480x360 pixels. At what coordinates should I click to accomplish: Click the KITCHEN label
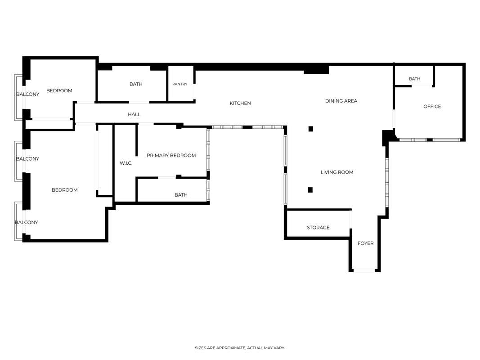240,103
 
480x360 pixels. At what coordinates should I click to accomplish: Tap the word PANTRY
179,84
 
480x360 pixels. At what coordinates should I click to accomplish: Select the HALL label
134,114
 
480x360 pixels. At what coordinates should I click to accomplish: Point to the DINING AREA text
341,101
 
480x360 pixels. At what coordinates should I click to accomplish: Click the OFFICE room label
432,107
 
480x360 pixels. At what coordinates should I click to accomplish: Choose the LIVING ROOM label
337,172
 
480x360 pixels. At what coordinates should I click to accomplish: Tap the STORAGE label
318,227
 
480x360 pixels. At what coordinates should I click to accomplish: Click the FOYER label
365,243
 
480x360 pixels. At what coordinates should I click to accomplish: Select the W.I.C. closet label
126,163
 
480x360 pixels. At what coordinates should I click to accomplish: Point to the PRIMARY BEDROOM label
171,156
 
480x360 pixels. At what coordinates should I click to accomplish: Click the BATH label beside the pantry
136,84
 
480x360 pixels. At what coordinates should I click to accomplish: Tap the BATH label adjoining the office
414,79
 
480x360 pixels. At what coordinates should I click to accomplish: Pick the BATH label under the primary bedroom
181,195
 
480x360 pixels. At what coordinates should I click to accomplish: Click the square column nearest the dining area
311,129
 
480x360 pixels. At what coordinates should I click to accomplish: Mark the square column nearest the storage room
310,190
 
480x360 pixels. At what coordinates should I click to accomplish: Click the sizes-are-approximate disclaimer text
240,348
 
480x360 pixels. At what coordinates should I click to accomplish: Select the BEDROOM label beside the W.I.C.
65,190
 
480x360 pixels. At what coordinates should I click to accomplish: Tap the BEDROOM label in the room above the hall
59,90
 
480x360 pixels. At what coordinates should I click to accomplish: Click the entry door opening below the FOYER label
364,270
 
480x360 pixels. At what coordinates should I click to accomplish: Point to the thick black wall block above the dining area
316,70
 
